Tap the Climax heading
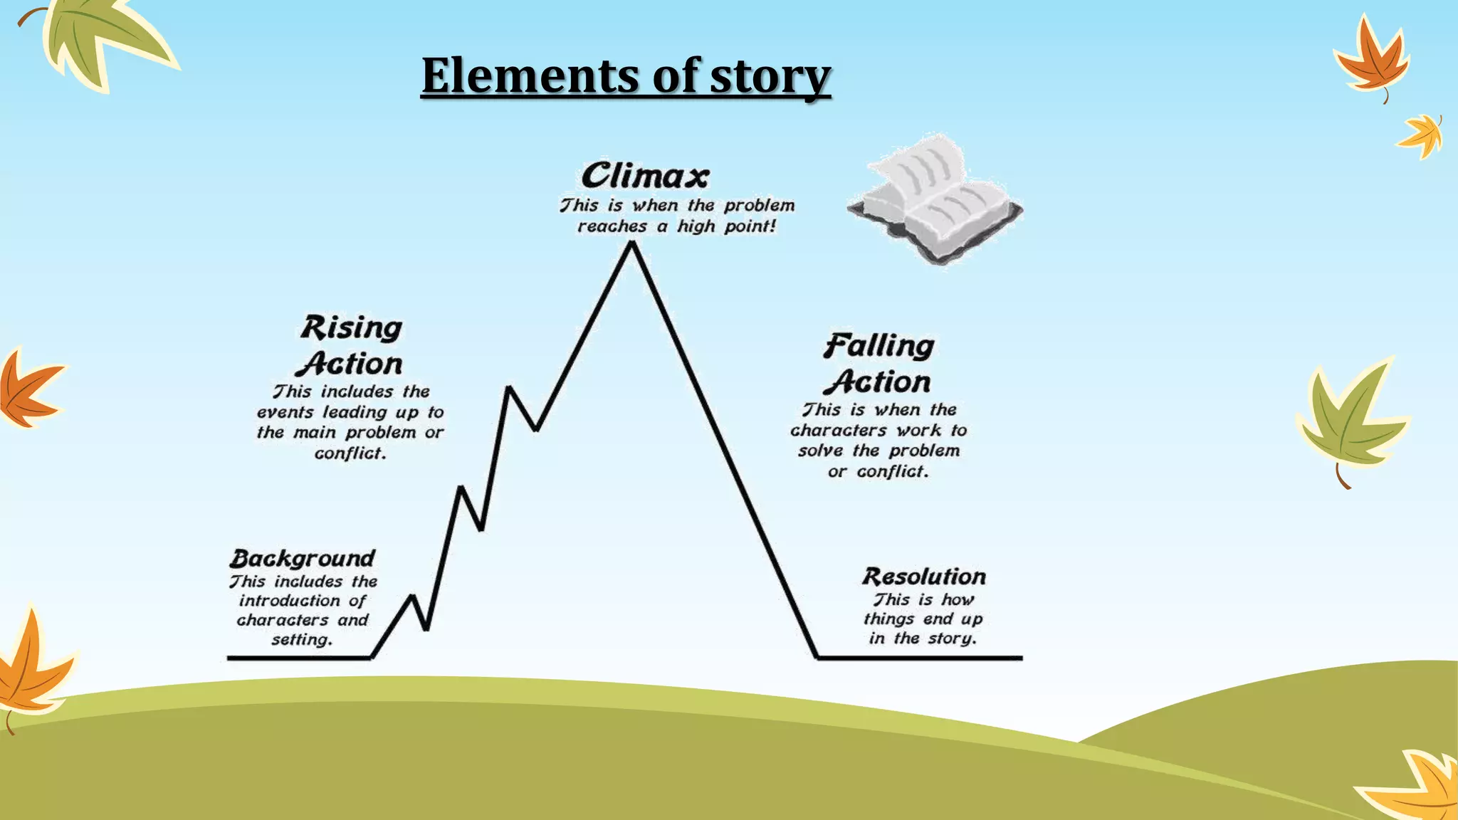[x=645, y=175]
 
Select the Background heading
[x=303, y=558]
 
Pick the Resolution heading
[x=924, y=576]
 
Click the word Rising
[x=352, y=328]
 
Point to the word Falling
[x=879, y=347]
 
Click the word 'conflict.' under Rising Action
[x=350, y=453]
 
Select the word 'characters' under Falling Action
[x=838, y=430]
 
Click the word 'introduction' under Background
[x=290, y=601]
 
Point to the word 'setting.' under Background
[x=302, y=639]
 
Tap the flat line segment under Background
[x=299, y=658]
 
